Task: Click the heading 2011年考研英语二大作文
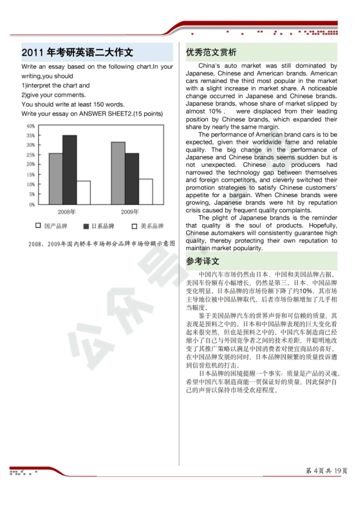tap(78, 52)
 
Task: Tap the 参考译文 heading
tap(203, 261)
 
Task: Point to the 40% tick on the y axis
tap(30, 126)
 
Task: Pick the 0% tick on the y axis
tap(31, 204)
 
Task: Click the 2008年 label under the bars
tap(66, 212)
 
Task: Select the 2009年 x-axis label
tap(129, 212)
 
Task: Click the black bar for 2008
tap(69, 170)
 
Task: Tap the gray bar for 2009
tap(118, 173)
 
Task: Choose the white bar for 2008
tap(83, 192)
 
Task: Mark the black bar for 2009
tap(132, 179)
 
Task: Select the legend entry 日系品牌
tap(99, 226)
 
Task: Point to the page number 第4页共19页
tap(327, 470)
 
